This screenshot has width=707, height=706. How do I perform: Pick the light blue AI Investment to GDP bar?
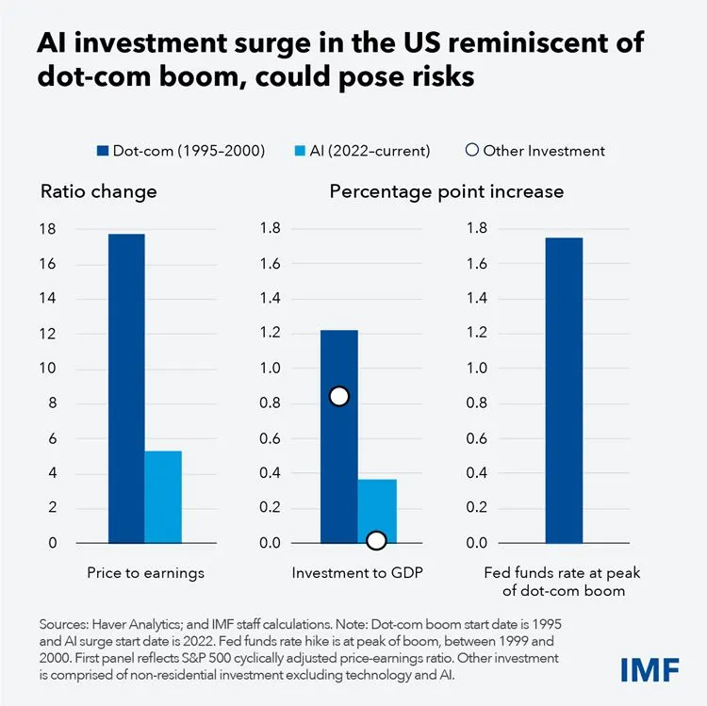tap(377, 509)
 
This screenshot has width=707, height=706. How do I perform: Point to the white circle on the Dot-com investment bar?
tap(339, 397)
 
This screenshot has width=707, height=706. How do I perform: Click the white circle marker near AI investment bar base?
tap(376, 540)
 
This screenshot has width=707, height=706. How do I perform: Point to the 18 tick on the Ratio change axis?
tap(48, 229)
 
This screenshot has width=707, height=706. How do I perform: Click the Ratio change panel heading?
tap(98, 191)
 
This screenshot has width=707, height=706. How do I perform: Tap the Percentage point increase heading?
tap(446, 191)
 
